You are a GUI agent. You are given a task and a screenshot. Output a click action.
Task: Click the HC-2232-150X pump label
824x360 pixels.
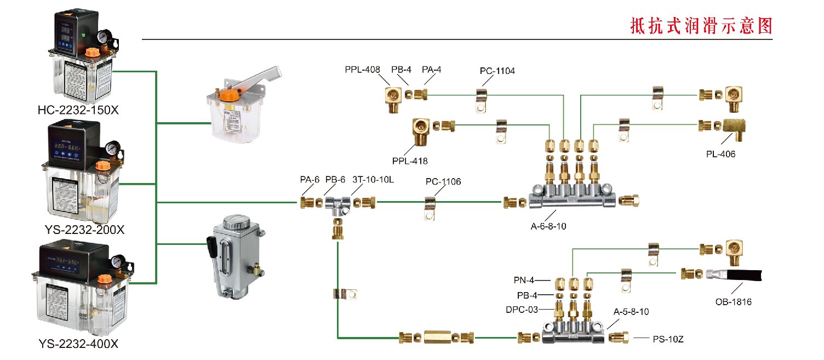(78, 110)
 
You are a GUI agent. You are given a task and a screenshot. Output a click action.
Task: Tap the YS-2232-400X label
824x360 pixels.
(78, 344)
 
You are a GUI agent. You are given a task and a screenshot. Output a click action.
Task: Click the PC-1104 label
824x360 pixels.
(497, 71)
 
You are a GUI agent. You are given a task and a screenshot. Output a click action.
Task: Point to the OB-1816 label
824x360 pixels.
(733, 301)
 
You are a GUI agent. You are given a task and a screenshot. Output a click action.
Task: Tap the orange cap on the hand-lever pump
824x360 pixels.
(227, 95)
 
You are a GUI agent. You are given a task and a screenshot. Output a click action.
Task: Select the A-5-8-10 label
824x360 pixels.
(631, 312)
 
